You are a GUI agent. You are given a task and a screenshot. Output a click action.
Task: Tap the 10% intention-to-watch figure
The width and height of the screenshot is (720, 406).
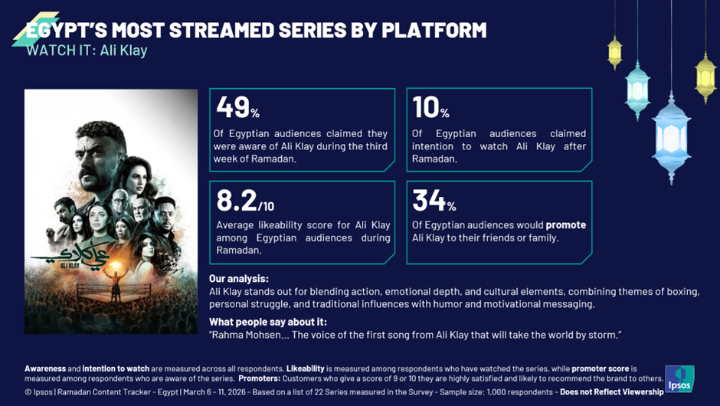pyautogui.click(x=430, y=107)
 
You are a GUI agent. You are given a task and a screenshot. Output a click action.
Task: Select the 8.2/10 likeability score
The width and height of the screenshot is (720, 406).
pyautogui.click(x=245, y=201)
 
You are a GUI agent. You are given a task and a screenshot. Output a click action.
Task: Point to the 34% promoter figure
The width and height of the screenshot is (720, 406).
pyautogui.click(x=434, y=201)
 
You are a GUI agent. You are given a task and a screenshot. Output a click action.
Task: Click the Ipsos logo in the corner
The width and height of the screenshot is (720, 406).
pyautogui.click(x=679, y=379)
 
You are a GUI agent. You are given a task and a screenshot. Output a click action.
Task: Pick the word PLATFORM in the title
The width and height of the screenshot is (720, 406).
pyautogui.click(x=434, y=31)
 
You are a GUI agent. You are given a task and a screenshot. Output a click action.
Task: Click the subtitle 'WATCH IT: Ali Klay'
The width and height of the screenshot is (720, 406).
pyautogui.click(x=87, y=50)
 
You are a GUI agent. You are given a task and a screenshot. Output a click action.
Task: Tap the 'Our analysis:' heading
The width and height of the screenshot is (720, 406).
pyautogui.click(x=239, y=279)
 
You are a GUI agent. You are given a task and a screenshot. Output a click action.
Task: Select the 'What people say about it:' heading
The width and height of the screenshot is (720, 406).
pyautogui.click(x=268, y=322)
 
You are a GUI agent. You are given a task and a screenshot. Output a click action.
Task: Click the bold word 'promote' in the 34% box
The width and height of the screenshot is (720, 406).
pyautogui.click(x=566, y=225)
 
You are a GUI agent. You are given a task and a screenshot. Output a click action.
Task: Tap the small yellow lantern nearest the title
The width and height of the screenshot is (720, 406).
pyautogui.click(x=615, y=53)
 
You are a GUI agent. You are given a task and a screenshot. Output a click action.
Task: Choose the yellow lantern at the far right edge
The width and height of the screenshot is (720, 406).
pyautogui.click(x=705, y=77)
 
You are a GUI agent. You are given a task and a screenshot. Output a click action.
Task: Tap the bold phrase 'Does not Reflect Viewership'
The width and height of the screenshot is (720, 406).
pyautogui.click(x=612, y=391)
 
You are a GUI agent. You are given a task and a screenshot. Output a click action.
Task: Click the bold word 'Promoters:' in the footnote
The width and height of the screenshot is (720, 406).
pyautogui.click(x=260, y=378)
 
